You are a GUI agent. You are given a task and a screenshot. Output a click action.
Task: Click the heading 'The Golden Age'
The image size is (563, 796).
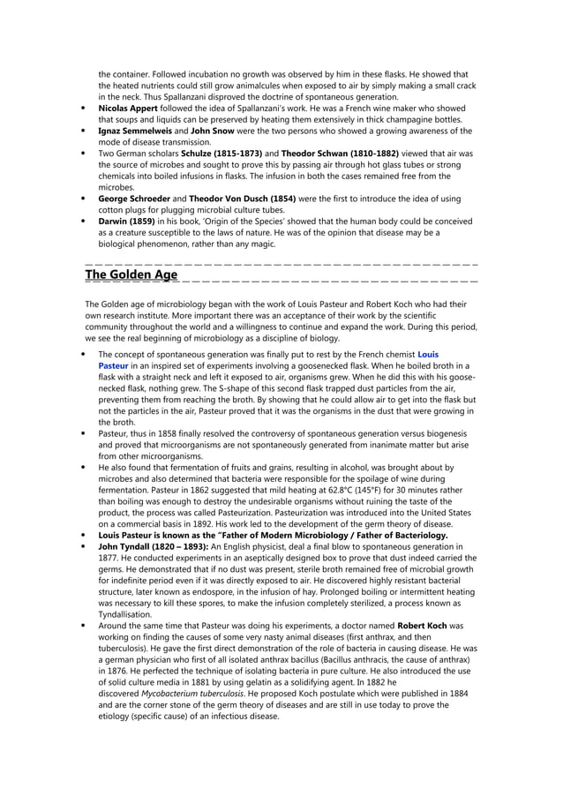[x=131, y=274]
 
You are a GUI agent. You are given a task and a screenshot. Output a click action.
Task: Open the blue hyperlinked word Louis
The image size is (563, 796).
[x=427, y=354]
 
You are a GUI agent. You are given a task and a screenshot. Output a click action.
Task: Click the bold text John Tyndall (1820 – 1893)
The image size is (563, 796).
[x=152, y=546]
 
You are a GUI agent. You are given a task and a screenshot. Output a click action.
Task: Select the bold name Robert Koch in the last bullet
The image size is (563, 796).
[x=423, y=626]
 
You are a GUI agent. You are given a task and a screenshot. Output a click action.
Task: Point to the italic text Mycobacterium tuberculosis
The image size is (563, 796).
[x=192, y=695]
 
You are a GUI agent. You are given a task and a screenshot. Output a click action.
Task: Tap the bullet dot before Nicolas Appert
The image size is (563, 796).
[x=83, y=109]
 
